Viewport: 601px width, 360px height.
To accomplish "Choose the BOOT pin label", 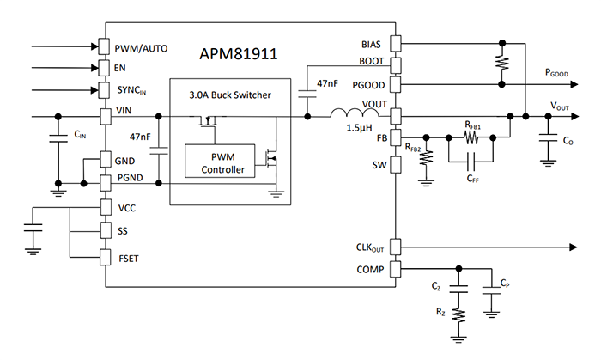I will click(370, 63).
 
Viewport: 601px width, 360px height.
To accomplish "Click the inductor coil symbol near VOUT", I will click(351, 113).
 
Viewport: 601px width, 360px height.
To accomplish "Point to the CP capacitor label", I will click(507, 283).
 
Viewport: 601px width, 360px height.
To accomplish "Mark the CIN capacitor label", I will click(80, 135).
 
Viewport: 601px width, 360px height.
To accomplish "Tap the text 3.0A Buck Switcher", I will click(229, 95).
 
